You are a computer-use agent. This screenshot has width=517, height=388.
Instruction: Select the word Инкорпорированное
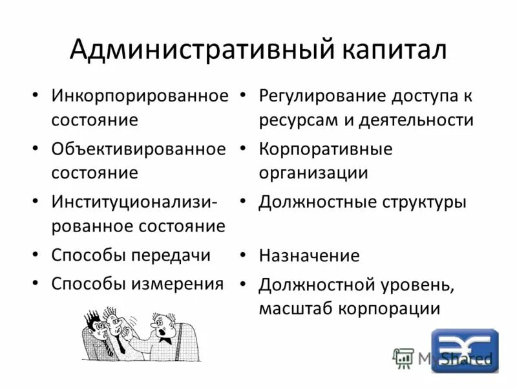[x=140, y=96]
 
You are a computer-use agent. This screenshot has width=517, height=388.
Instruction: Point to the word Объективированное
[x=139, y=149]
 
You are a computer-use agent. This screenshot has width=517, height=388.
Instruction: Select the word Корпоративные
[x=326, y=149]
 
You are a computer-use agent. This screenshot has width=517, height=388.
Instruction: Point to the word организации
[x=313, y=173]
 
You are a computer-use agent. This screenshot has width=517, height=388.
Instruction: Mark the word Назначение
[x=309, y=255]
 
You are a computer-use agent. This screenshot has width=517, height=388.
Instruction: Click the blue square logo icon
[x=465, y=350]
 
